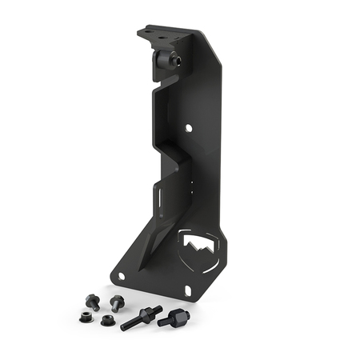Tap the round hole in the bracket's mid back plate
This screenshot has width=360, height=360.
pos(190,127)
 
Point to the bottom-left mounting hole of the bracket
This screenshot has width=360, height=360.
pos(122,275)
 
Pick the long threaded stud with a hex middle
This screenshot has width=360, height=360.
pos(142,318)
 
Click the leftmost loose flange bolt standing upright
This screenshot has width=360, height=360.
pos(92,302)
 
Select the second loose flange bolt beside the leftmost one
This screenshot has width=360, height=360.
pos(117,303)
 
